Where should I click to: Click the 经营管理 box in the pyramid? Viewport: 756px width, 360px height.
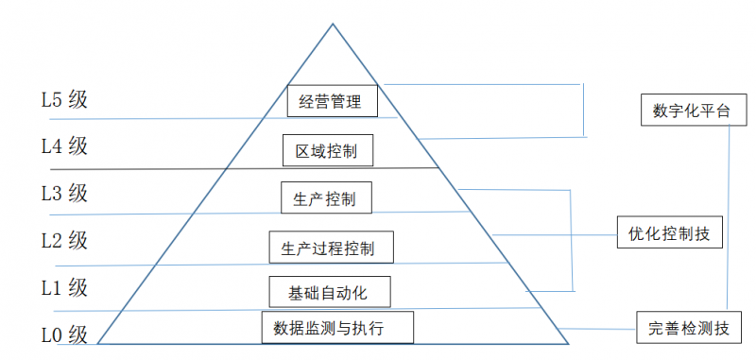[x=331, y=101]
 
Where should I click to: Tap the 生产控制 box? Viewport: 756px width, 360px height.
[x=326, y=199]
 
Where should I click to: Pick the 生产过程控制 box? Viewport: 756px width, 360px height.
[x=331, y=249]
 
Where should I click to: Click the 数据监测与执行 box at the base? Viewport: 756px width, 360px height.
[x=336, y=328]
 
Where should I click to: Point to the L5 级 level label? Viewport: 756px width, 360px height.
[x=64, y=99]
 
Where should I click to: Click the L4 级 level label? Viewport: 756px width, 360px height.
[x=64, y=146]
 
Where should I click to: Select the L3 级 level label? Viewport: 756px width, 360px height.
[x=64, y=193]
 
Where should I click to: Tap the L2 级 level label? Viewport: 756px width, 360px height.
[x=64, y=240]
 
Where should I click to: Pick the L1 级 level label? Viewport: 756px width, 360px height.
[x=64, y=285]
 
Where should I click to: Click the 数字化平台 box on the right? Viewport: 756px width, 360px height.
[x=691, y=111]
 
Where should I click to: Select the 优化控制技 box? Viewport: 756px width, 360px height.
[x=670, y=231]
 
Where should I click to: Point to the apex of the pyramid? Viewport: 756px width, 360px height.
[x=333, y=24]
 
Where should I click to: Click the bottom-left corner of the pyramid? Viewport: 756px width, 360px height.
[x=99, y=344]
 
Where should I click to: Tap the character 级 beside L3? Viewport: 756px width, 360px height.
[x=77, y=193]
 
